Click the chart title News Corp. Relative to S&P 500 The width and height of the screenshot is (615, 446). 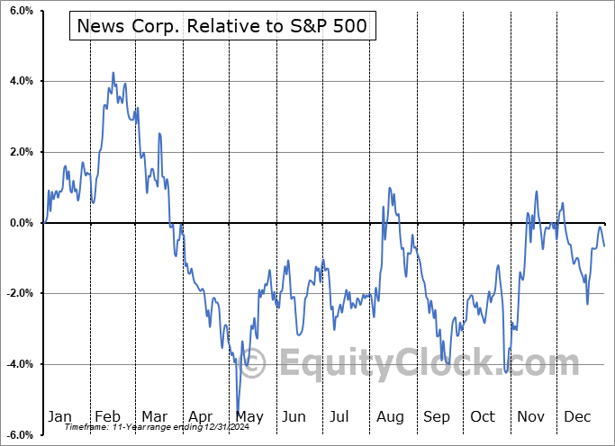tap(222, 27)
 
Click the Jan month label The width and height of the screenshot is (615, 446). tap(59, 417)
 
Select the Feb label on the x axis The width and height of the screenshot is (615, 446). tap(107, 417)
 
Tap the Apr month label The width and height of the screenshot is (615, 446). tap(201, 417)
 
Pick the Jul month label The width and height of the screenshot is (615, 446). tap(340, 417)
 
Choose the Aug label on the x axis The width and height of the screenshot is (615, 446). tap(389, 417)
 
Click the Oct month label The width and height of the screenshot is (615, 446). tap(482, 417)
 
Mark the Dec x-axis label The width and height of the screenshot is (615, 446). tap(576, 417)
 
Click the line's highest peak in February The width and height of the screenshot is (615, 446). tap(113, 73)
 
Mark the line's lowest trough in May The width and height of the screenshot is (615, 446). tap(237, 413)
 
